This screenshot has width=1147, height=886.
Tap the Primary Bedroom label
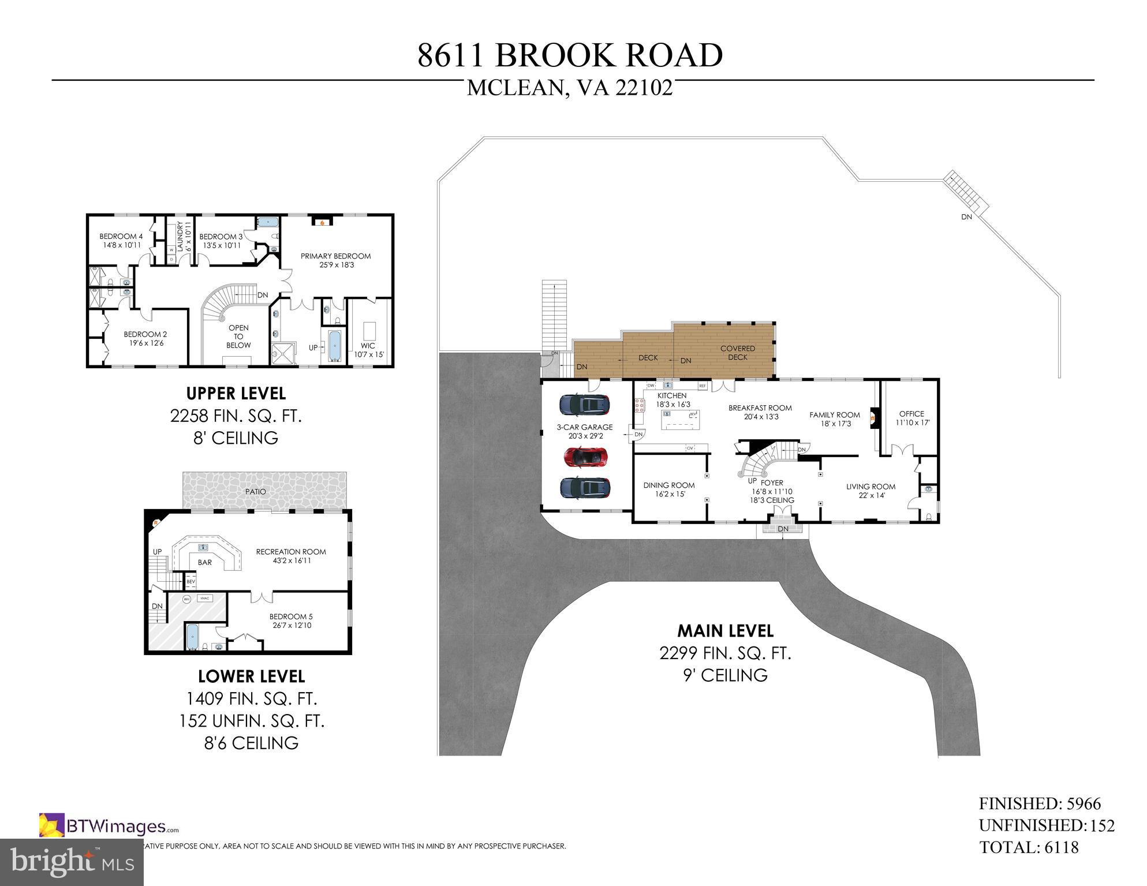[335, 256]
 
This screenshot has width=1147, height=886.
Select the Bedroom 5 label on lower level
[291, 616]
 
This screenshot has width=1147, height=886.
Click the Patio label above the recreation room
[255, 492]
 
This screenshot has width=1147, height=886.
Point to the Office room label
[911, 414]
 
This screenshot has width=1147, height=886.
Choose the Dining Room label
[668, 485]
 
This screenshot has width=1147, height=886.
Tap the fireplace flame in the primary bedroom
[323, 222]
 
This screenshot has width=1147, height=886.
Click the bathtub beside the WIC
[335, 346]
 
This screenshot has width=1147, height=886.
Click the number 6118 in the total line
[1061, 847]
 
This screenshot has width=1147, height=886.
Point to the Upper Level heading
[236, 394]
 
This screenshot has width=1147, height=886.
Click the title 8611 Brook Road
[570, 56]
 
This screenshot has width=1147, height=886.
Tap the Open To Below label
[238, 337]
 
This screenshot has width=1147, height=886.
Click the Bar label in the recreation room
[204, 562]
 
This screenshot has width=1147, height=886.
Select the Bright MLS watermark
[72, 862]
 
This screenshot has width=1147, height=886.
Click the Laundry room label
[180, 236]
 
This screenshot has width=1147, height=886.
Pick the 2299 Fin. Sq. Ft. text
[725, 653]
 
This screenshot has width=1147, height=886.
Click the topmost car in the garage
[585, 405]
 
